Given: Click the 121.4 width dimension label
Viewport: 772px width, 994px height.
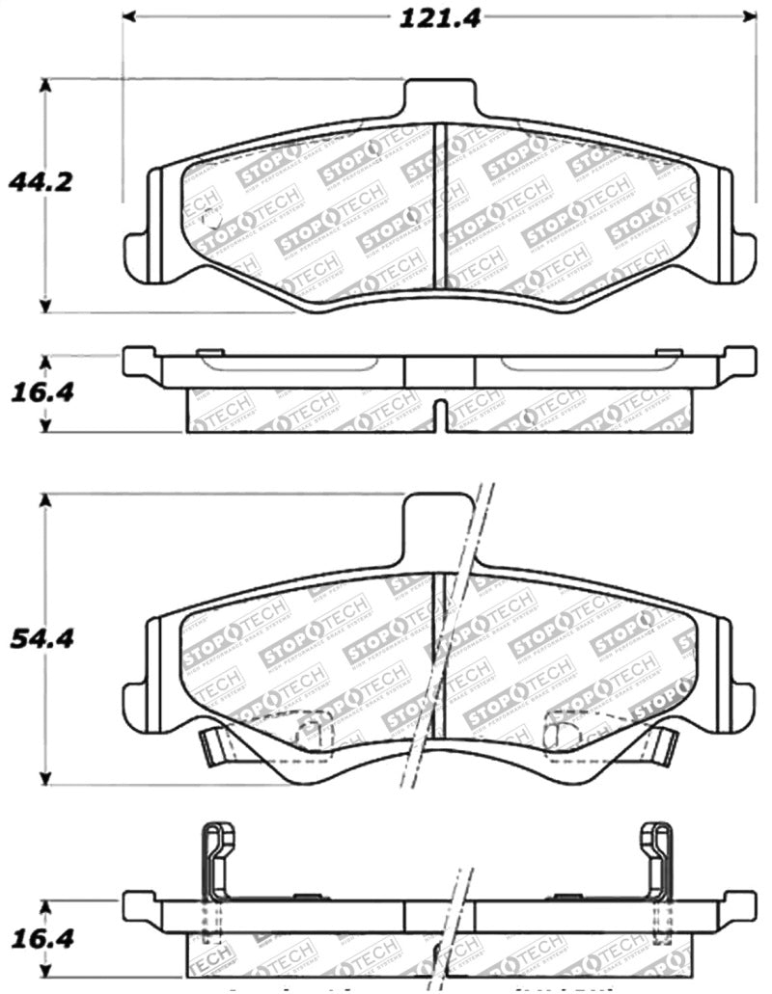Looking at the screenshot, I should coord(439,16).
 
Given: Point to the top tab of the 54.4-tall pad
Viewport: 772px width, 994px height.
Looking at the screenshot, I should coord(439,525).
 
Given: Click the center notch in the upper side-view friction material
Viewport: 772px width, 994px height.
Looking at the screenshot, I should coord(439,416).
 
